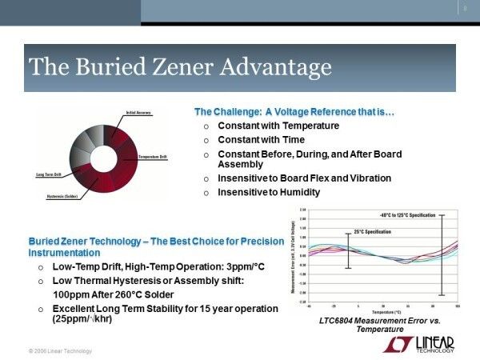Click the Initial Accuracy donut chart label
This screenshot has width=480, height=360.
point(138,114)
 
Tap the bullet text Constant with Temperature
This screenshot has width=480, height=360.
point(278,126)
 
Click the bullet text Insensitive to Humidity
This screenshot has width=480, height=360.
point(269,192)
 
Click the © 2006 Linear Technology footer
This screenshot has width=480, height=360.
point(60,351)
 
